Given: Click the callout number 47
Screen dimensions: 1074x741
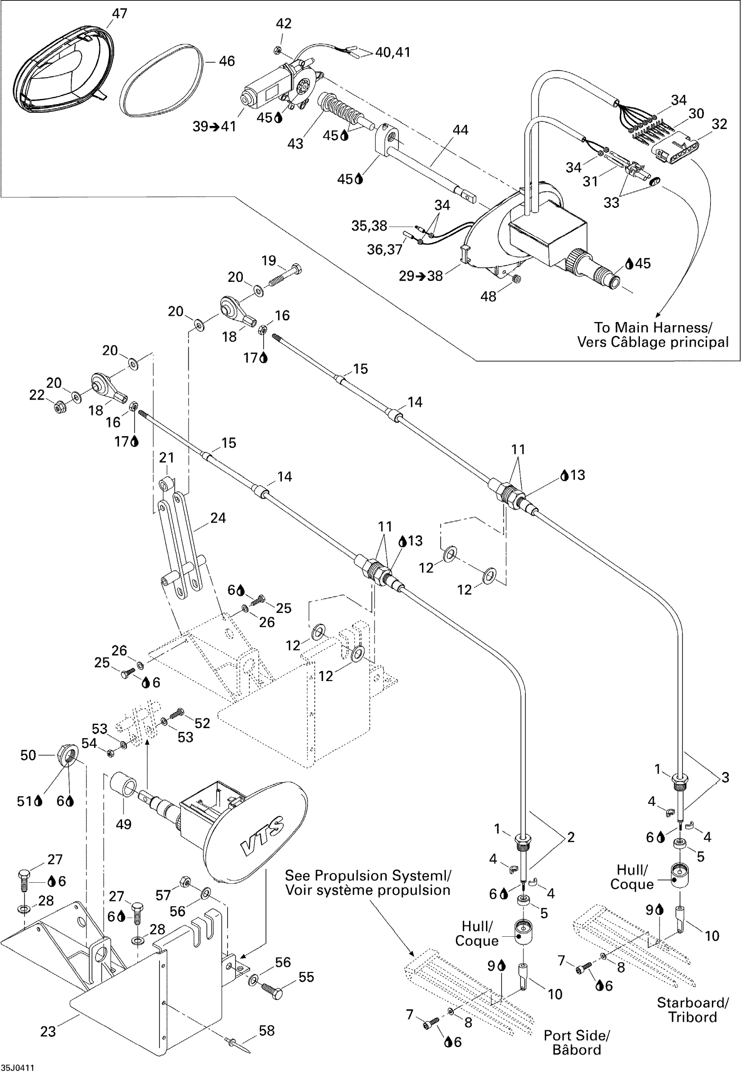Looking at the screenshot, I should (x=120, y=14).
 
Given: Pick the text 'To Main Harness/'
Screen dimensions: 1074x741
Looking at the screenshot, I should (x=653, y=328).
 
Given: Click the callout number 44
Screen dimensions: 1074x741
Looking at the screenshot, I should (x=460, y=130).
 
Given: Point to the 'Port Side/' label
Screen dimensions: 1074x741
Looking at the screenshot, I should (x=577, y=1036).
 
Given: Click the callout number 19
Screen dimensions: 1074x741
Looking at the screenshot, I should (x=269, y=261).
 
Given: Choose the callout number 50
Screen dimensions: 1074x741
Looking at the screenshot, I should (x=28, y=755).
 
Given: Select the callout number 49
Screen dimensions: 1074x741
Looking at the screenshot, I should (x=123, y=824).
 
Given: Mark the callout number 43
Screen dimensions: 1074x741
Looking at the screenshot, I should (x=295, y=144).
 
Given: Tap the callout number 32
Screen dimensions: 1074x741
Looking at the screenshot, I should (x=719, y=124).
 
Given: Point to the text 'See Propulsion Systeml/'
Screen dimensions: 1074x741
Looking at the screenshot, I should (x=368, y=876).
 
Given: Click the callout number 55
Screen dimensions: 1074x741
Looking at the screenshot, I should (x=306, y=977).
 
